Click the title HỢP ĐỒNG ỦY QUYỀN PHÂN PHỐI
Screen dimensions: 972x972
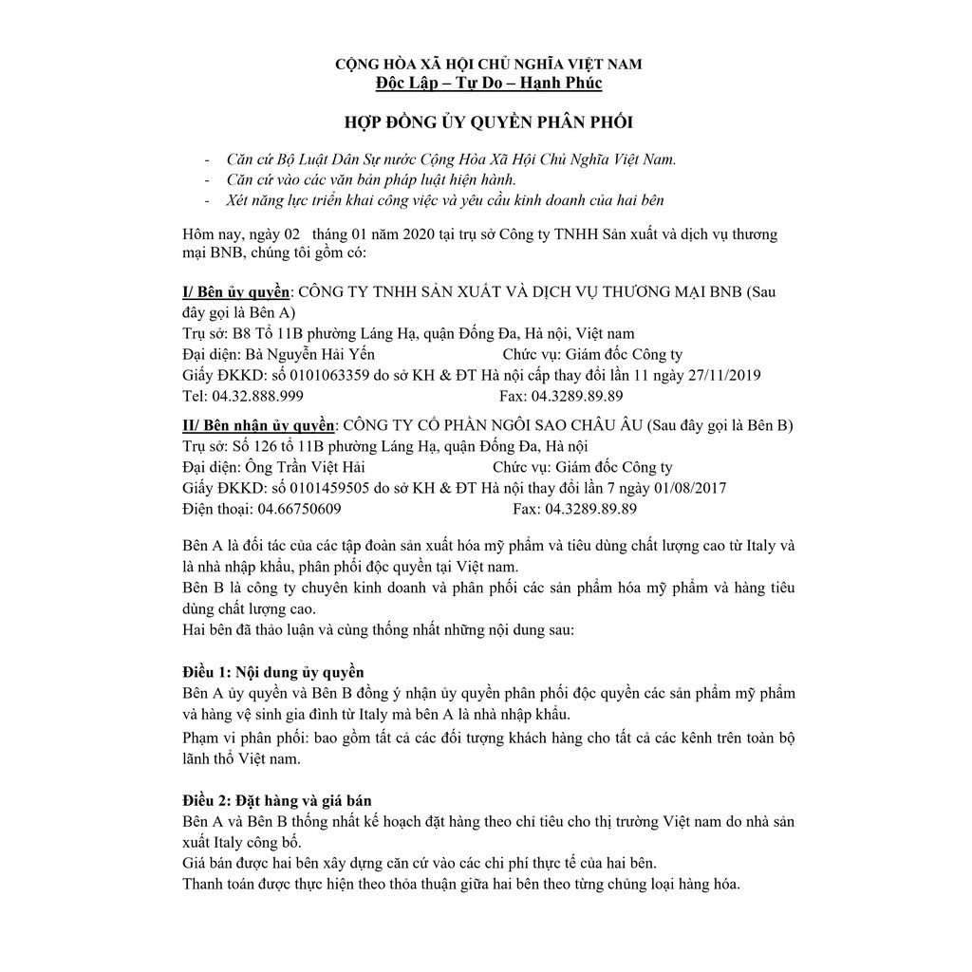click(x=488, y=122)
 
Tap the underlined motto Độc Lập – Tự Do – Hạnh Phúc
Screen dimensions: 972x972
click(x=488, y=84)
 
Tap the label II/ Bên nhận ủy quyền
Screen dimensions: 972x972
click(x=258, y=424)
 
